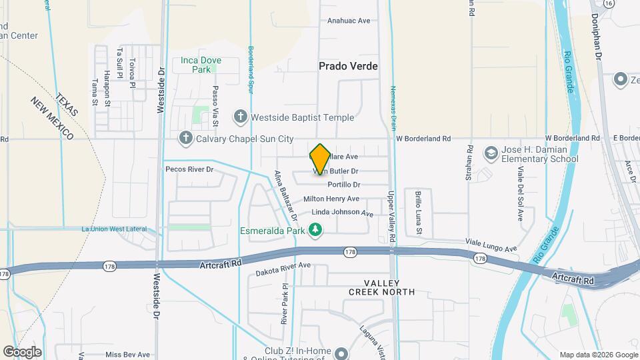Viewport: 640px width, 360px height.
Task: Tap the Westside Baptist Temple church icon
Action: tap(241, 117)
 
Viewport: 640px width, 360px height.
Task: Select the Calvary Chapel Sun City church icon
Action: tap(185, 139)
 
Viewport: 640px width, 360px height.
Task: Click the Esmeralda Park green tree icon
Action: tap(315, 231)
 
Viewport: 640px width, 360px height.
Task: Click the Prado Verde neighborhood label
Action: tap(348, 66)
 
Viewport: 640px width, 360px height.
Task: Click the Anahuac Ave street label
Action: tap(348, 21)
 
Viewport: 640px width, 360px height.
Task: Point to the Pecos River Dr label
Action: tap(189, 169)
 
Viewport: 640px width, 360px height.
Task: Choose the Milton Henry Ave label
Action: tap(331, 199)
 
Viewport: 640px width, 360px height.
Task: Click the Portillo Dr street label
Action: tap(345, 185)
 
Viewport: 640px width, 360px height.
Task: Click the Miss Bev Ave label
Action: tap(127, 355)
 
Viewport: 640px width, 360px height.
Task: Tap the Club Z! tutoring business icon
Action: tap(341, 353)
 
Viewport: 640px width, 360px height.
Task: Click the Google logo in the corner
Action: tap(22, 351)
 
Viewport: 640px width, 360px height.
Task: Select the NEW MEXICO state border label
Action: tap(51, 119)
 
